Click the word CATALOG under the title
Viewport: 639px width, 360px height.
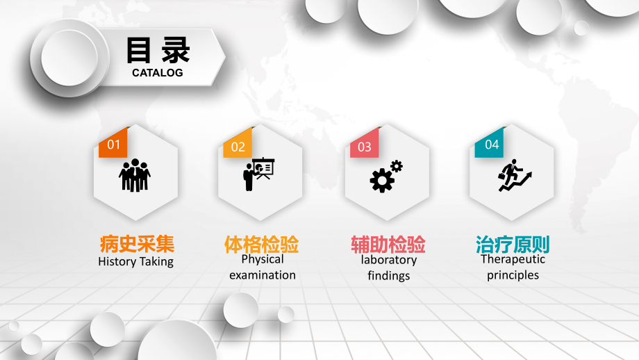pos(158,72)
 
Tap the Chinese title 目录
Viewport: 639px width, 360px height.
pos(158,50)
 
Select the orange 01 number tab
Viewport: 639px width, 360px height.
pos(114,145)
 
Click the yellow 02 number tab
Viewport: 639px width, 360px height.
pos(238,147)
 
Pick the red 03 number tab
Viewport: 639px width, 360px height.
pos(365,147)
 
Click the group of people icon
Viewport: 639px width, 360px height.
pos(135,175)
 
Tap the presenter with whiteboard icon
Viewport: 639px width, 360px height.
pos(259,174)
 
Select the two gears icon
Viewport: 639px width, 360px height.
pos(386,176)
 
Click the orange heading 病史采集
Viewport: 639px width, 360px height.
pos(137,244)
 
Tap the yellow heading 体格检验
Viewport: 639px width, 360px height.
pos(261,244)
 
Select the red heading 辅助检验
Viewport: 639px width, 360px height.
pos(388,245)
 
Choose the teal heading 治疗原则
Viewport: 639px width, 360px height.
pos(513,244)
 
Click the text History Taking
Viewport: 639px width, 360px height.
pos(136,262)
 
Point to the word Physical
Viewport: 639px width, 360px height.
pos(263,259)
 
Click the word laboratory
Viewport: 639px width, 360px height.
pos(389,260)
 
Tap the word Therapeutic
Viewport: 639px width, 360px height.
pos(513,259)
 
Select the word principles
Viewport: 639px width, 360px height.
pos(513,275)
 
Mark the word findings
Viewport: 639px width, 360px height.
pos(389,276)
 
